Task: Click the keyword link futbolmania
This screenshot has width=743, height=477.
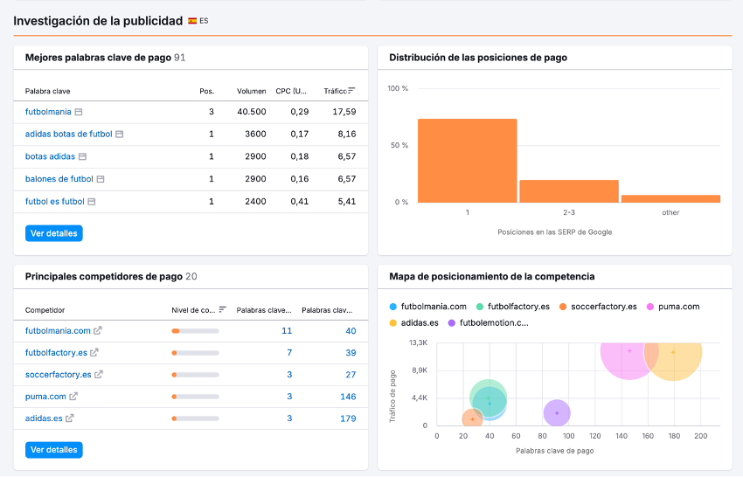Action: click(48, 112)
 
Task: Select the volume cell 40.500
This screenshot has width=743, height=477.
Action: click(252, 112)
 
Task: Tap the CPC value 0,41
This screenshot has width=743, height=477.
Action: click(300, 201)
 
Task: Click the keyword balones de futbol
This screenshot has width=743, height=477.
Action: click(59, 179)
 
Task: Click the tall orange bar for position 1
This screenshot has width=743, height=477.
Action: click(467, 161)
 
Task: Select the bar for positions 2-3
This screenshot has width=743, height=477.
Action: click(569, 191)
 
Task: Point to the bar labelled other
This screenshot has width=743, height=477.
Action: click(670, 198)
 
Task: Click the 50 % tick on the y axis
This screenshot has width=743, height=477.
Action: click(398, 145)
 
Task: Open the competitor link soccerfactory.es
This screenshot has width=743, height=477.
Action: click(58, 375)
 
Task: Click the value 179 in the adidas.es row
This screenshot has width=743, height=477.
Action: click(348, 418)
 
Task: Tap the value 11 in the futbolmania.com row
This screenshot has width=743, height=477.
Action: click(287, 331)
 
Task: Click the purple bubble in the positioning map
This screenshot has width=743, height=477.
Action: click(557, 413)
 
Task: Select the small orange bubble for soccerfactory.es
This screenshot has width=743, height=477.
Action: click(472, 418)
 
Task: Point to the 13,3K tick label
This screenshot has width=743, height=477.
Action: click(418, 342)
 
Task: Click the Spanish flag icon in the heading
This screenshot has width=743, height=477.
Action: click(192, 20)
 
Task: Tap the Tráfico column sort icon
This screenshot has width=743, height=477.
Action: click(351, 90)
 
